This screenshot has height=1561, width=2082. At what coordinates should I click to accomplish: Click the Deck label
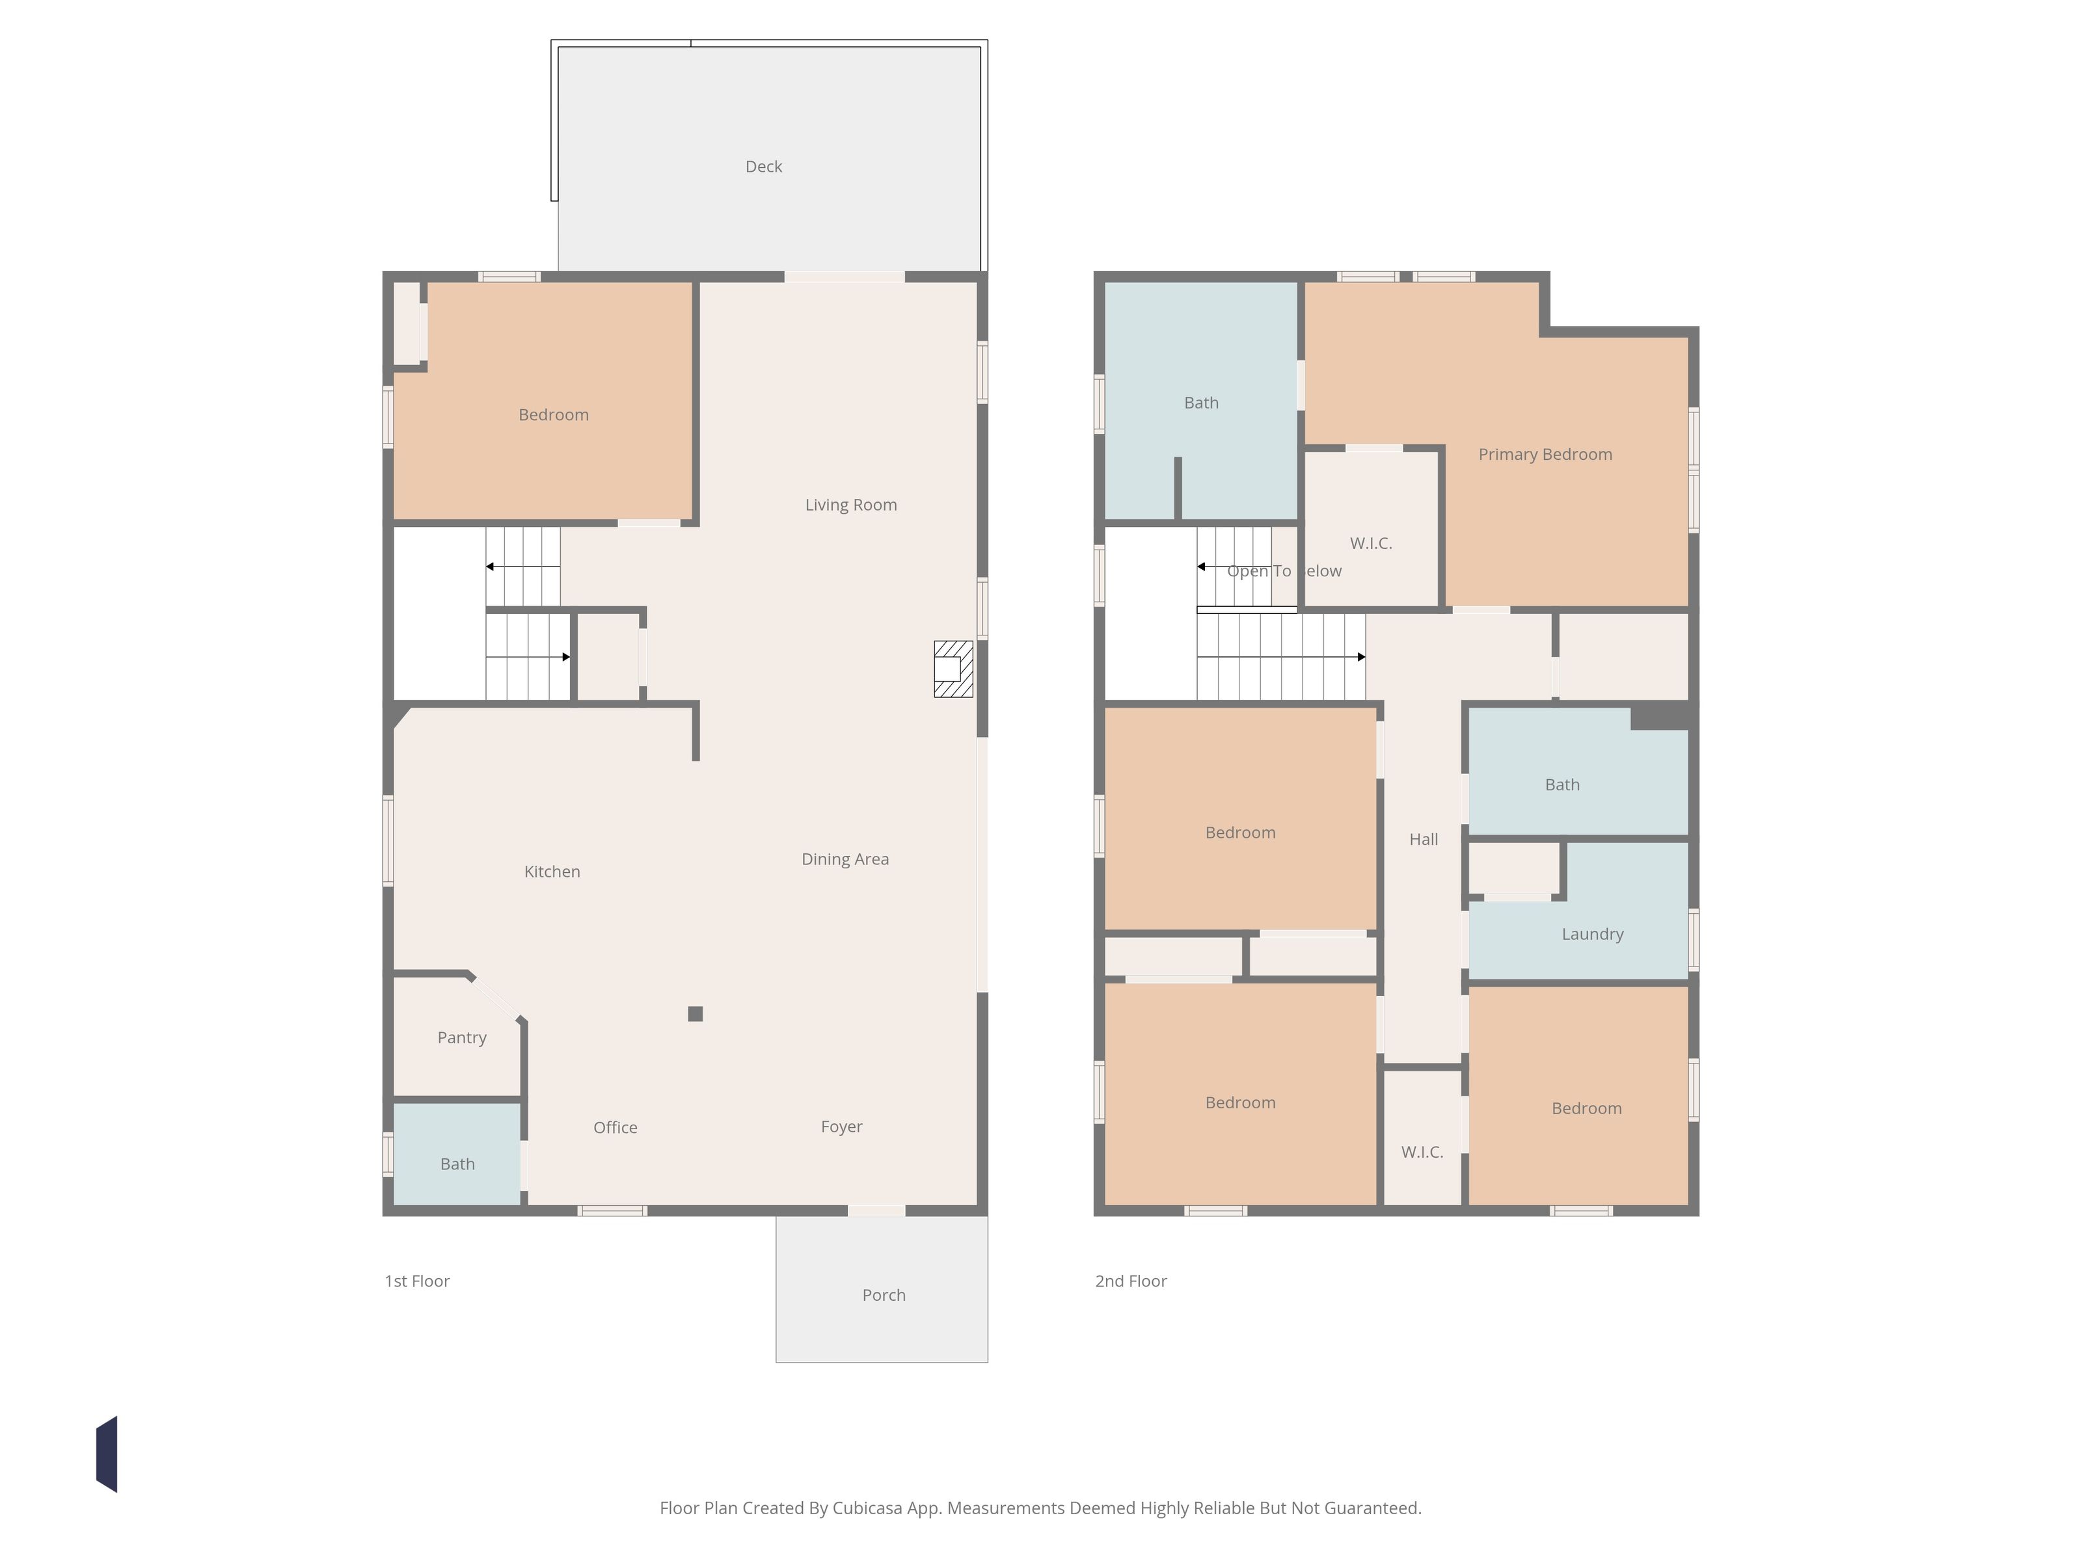click(x=763, y=167)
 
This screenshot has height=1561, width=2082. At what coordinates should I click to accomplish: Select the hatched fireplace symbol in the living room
click(x=953, y=669)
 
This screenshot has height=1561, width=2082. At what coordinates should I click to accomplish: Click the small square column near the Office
click(x=696, y=1013)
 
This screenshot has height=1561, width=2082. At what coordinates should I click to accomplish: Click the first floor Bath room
click(x=457, y=1154)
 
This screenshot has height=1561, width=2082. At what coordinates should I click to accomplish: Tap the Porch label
click(x=884, y=1295)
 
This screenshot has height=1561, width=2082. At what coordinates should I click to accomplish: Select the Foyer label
click(x=841, y=1127)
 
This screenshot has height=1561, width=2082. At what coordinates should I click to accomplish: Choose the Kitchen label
click(x=552, y=872)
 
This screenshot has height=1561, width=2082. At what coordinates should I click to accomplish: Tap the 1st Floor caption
click(x=417, y=1281)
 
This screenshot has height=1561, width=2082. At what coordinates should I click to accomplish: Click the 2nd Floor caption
click(x=1130, y=1281)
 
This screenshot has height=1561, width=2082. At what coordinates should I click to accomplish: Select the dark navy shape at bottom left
click(x=107, y=1454)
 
